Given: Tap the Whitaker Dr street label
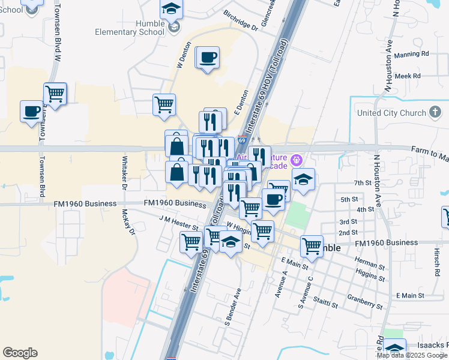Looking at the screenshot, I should pos(125,172).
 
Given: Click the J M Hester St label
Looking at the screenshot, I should pos(178,224).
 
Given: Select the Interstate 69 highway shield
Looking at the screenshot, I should pos(241,140).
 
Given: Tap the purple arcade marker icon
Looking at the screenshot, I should pos(295,160).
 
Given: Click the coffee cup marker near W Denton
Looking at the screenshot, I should pos(208,58).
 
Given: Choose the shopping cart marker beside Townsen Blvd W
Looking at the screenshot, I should pos(55,94).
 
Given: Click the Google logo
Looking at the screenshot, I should pos(20,353).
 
